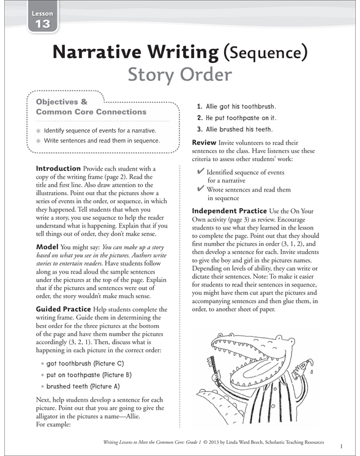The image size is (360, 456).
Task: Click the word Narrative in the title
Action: click(x=105, y=53)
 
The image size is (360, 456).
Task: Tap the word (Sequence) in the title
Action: click(x=264, y=53)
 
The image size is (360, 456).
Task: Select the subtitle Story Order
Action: click(x=179, y=75)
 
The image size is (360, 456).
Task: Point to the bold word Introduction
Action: click(x=59, y=168)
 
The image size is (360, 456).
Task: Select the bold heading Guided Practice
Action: click(x=69, y=309)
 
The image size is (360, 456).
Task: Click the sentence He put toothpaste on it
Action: click(x=241, y=118)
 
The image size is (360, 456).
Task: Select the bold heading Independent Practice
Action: click(x=230, y=211)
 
